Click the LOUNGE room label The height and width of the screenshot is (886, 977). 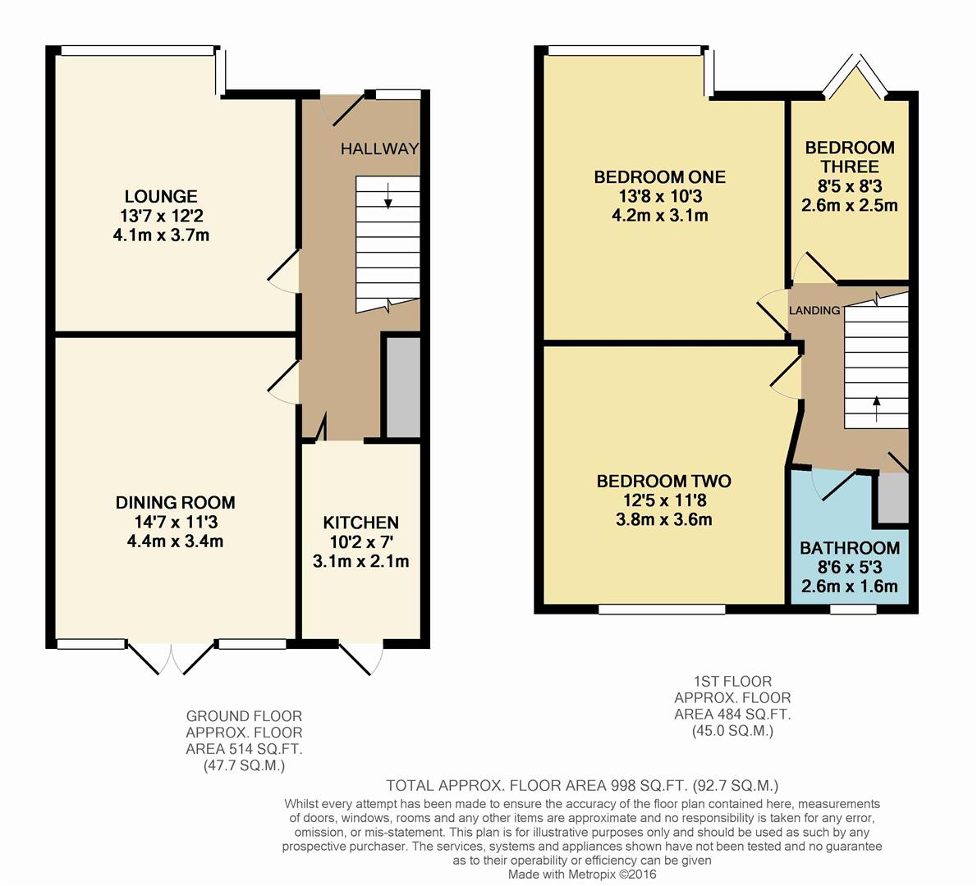161,197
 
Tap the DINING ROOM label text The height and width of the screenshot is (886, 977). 175,502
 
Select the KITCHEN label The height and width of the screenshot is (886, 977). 360,523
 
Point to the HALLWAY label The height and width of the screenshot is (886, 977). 379,148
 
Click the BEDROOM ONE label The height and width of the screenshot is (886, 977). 660,177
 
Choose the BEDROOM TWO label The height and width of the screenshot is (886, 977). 663,482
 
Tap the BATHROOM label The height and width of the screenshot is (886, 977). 849,549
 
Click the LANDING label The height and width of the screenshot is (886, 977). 814,311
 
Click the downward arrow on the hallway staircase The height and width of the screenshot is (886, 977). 388,195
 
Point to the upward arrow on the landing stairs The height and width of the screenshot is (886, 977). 876,409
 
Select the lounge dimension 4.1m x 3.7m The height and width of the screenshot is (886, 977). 161,235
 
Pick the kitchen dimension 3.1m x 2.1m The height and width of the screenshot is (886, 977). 360,562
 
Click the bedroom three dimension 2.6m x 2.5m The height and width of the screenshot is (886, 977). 849,205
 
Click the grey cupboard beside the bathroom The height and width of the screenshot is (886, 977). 893,498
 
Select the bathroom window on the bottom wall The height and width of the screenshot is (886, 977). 853,609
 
